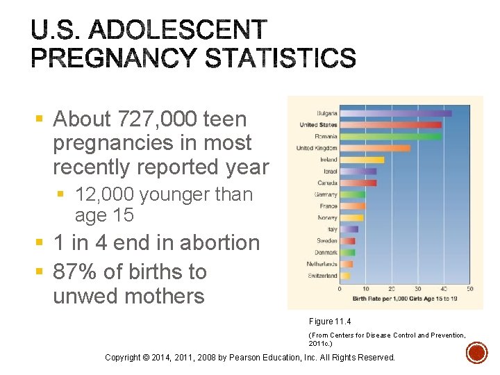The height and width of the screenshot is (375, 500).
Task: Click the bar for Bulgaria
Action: (396, 113)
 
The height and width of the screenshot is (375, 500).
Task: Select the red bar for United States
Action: (390, 125)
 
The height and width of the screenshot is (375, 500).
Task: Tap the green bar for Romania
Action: (390, 136)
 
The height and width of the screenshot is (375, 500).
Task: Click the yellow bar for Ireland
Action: (362, 160)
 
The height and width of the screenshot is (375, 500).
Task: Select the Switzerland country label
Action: (322, 276)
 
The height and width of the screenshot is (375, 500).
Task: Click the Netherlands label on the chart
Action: (322, 264)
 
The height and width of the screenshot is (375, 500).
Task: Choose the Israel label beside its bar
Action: (330, 171)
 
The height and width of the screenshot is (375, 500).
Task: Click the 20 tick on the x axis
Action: (392, 289)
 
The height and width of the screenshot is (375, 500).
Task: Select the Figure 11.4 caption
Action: (331, 321)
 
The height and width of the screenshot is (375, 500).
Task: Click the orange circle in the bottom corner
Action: (476, 354)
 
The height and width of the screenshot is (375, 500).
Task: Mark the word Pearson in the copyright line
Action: (274, 358)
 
